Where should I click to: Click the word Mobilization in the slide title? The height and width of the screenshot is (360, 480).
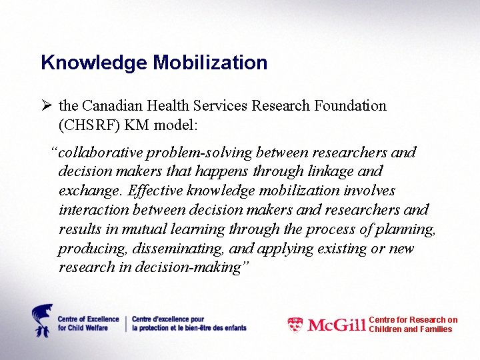(210, 63)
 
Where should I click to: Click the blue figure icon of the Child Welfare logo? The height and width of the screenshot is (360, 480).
(42, 321)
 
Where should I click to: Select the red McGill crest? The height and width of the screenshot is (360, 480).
(295, 325)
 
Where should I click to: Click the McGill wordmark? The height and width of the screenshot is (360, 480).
(337, 325)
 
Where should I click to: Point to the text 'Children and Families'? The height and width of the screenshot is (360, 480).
(411, 329)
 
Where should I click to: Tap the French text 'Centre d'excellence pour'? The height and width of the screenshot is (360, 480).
(169, 319)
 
